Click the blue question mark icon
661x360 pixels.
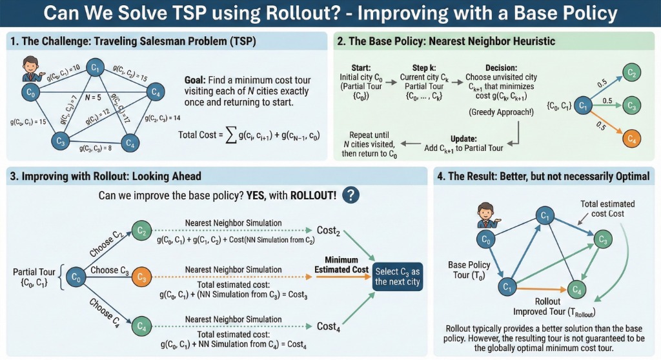(351, 195)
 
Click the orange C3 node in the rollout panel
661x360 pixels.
(141, 277)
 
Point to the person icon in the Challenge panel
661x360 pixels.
(28, 67)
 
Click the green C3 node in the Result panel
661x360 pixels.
(602, 241)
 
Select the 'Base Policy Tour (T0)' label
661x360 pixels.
(469, 270)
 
